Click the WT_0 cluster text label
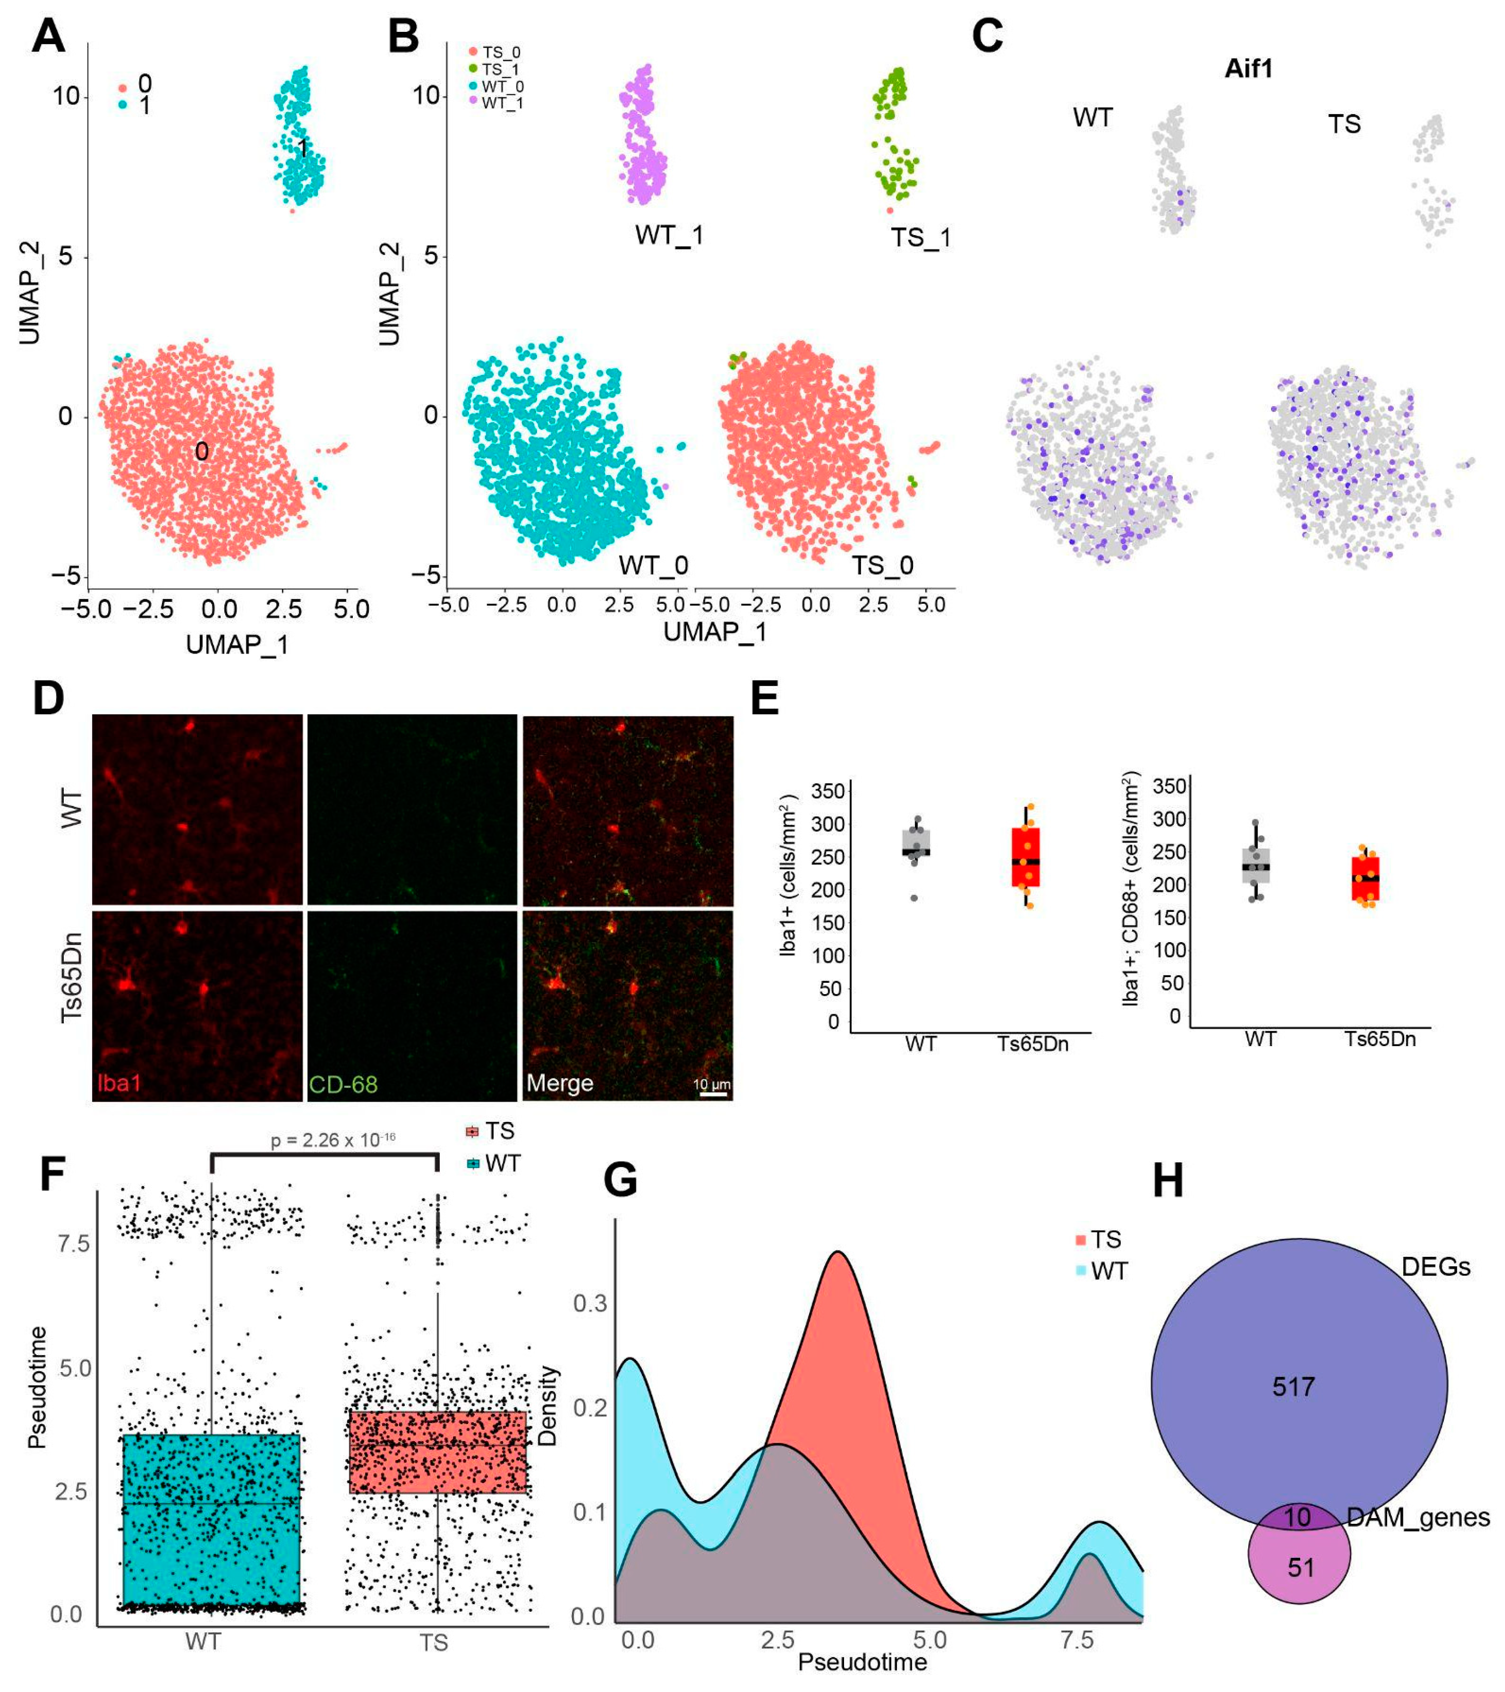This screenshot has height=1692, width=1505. [x=653, y=565]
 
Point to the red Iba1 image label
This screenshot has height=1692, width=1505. [x=119, y=1083]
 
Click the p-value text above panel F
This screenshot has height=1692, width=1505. [x=333, y=1140]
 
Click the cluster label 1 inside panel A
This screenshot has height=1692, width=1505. [x=303, y=148]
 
